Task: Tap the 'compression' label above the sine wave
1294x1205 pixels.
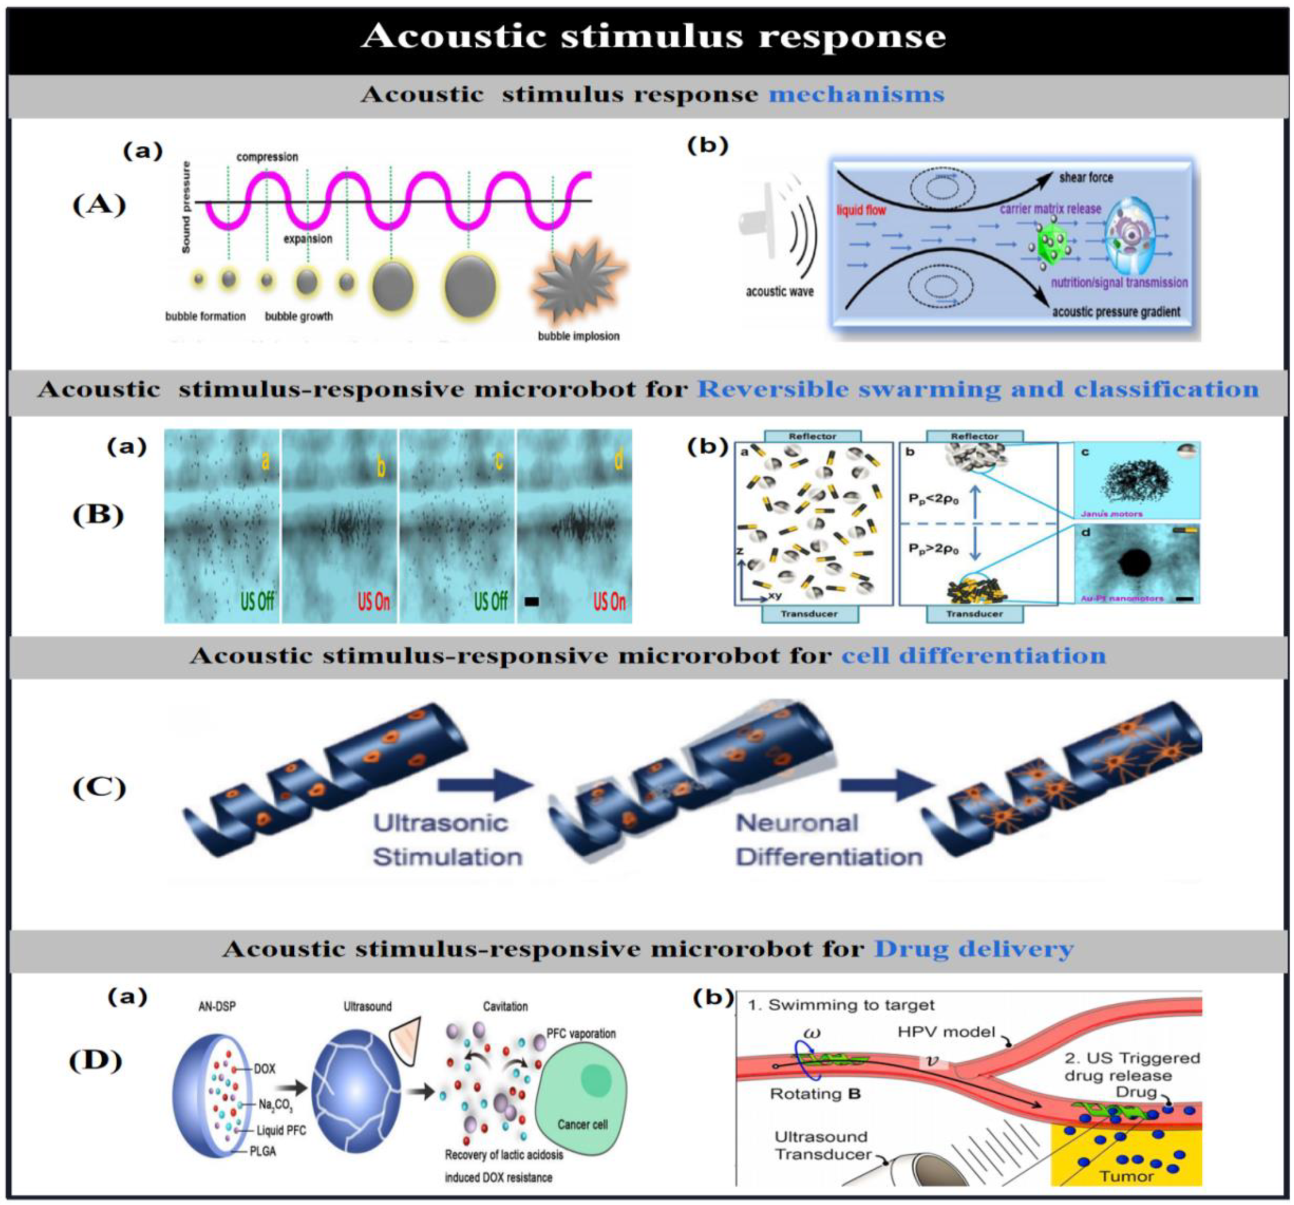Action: coord(267,157)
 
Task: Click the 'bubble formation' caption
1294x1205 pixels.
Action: coord(205,317)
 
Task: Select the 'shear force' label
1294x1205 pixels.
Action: coord(1086,177)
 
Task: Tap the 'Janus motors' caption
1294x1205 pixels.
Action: coord(1112,513)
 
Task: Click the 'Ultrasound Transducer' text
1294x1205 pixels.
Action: coord(822,1145)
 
